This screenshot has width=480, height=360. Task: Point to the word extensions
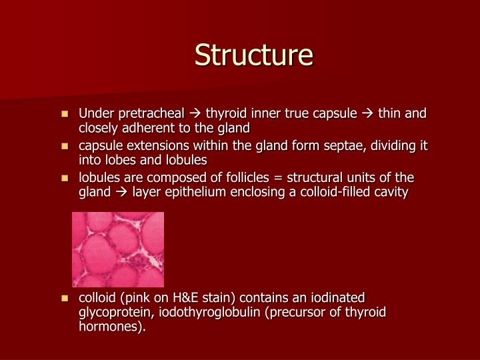(150, 146)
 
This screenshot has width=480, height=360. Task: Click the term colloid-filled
(331, 192)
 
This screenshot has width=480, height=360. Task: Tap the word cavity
(390, 192)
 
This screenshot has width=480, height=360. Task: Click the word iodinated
(337, 298)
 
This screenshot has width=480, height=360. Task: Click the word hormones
(109, 327)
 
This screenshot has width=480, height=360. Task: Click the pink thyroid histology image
(118, 249)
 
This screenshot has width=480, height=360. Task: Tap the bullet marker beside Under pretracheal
(65, 114)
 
